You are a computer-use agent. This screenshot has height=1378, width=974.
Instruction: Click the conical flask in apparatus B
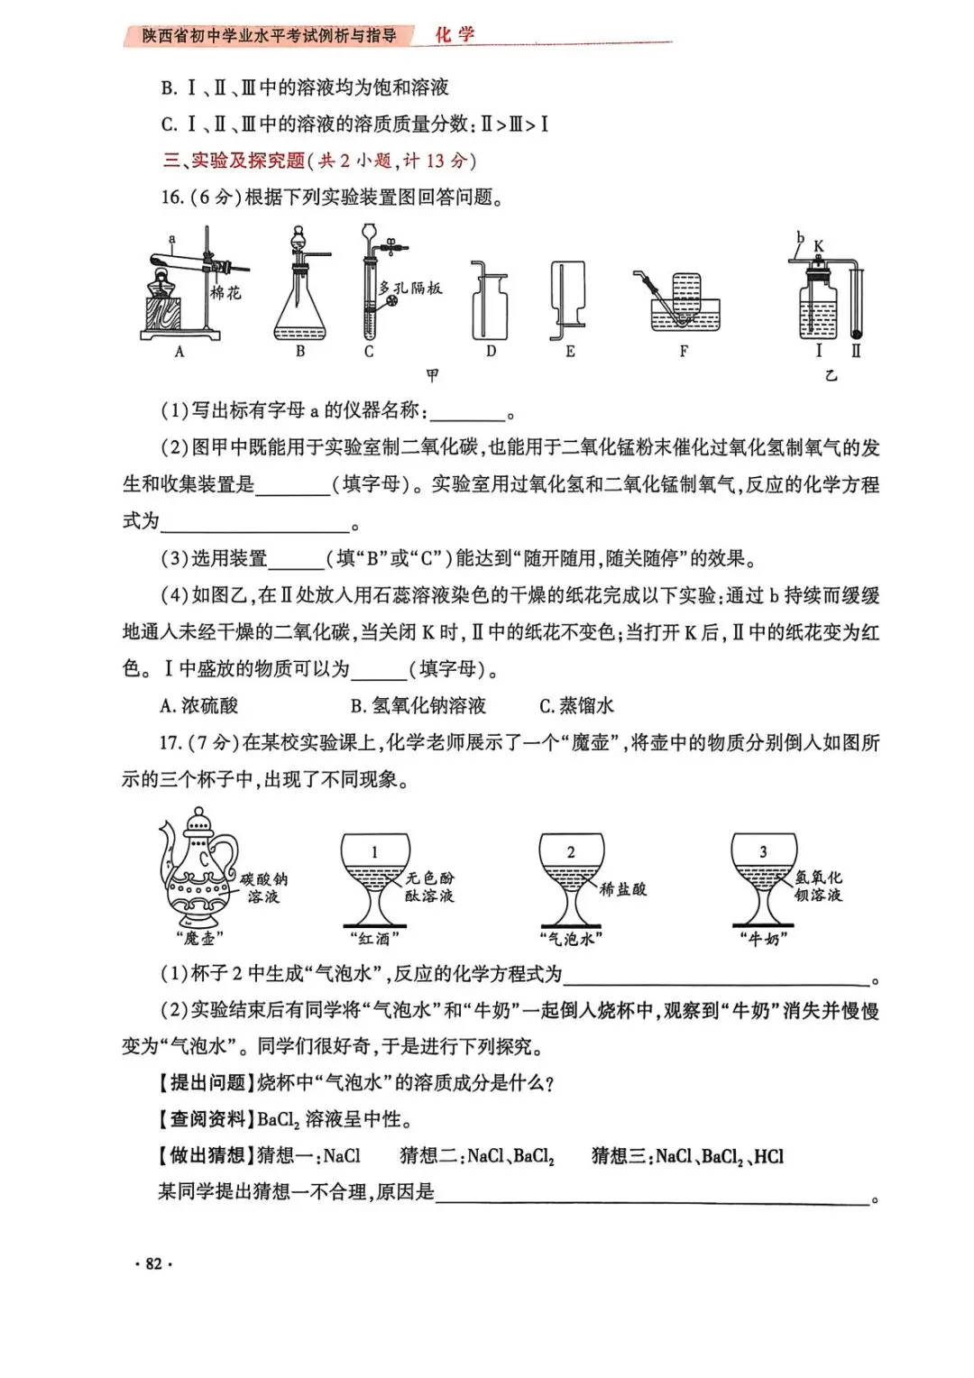(299, 311)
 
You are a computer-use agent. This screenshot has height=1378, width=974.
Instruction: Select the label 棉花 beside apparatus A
(225, 292)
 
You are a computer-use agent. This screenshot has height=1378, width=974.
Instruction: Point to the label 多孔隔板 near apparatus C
(410, 289)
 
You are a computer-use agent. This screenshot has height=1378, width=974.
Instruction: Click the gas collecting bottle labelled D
(490, 305)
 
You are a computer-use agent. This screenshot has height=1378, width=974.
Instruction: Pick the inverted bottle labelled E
(569, 298)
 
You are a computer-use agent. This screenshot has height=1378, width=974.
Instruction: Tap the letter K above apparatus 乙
(819, 245)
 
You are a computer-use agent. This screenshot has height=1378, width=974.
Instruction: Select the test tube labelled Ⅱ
(856, 302)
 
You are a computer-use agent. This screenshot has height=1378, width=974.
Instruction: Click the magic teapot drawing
(198, 870)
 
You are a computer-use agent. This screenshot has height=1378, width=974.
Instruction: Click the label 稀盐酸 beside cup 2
(623, 889)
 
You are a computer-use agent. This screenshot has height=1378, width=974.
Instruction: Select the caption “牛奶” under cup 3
(764, 939)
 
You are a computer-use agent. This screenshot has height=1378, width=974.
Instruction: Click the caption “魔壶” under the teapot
(199, 939)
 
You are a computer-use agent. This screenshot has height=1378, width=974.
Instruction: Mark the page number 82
(153, 1263)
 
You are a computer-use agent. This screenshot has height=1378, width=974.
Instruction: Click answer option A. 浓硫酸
(198, 705)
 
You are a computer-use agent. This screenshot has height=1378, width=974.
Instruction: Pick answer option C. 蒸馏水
(576, 705)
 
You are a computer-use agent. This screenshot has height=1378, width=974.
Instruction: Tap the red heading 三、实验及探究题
(234, 161)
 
